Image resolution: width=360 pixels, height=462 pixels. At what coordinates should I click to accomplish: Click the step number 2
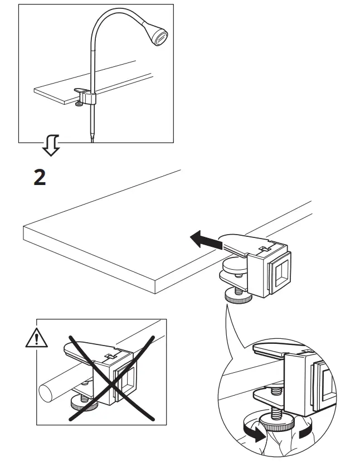coord(40,177)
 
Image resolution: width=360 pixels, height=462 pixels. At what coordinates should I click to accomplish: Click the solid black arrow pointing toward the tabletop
coord(204,240)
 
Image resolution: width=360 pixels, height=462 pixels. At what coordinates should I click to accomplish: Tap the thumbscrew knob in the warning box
coord(81,404)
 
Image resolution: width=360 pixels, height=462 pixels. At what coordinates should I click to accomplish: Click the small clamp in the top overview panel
coord(85,96)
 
